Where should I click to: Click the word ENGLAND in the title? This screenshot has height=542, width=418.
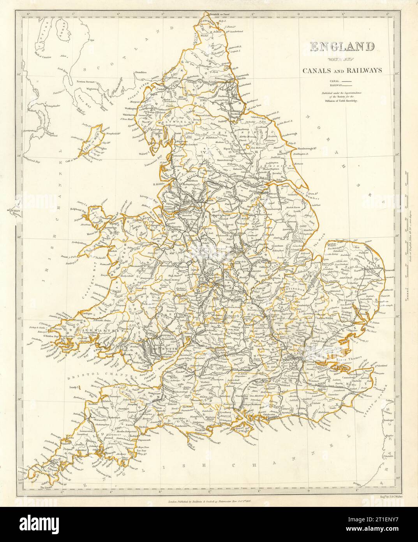coord(342,47)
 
